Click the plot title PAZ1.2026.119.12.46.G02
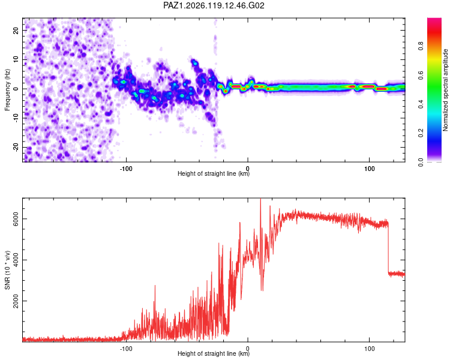[x=214, y=5]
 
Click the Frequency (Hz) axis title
[x=7, y=90]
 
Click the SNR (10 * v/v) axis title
[x=7, y=270]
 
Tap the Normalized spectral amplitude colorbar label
[x=445, y=90]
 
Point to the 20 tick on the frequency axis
[x=16, y=31]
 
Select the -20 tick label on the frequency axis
[x=16, y=148]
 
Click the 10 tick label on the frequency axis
[x=16, y=60]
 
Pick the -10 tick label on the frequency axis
[x=16, y=118]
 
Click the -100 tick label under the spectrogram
[x=126, y=169]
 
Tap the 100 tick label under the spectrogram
[x=370, y=169]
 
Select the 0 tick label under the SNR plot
[x=248, y=349]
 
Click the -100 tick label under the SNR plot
[x=126, y=349]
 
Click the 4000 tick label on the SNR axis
[x=16, y=260]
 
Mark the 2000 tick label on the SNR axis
[x=16, y=301]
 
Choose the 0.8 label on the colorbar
[x=421, y=46]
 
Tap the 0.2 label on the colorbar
[x=421, y=133]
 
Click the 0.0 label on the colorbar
[x=421, y=162]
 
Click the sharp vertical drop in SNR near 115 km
[x=388, y=248]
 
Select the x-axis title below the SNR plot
[x=214, y=353]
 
